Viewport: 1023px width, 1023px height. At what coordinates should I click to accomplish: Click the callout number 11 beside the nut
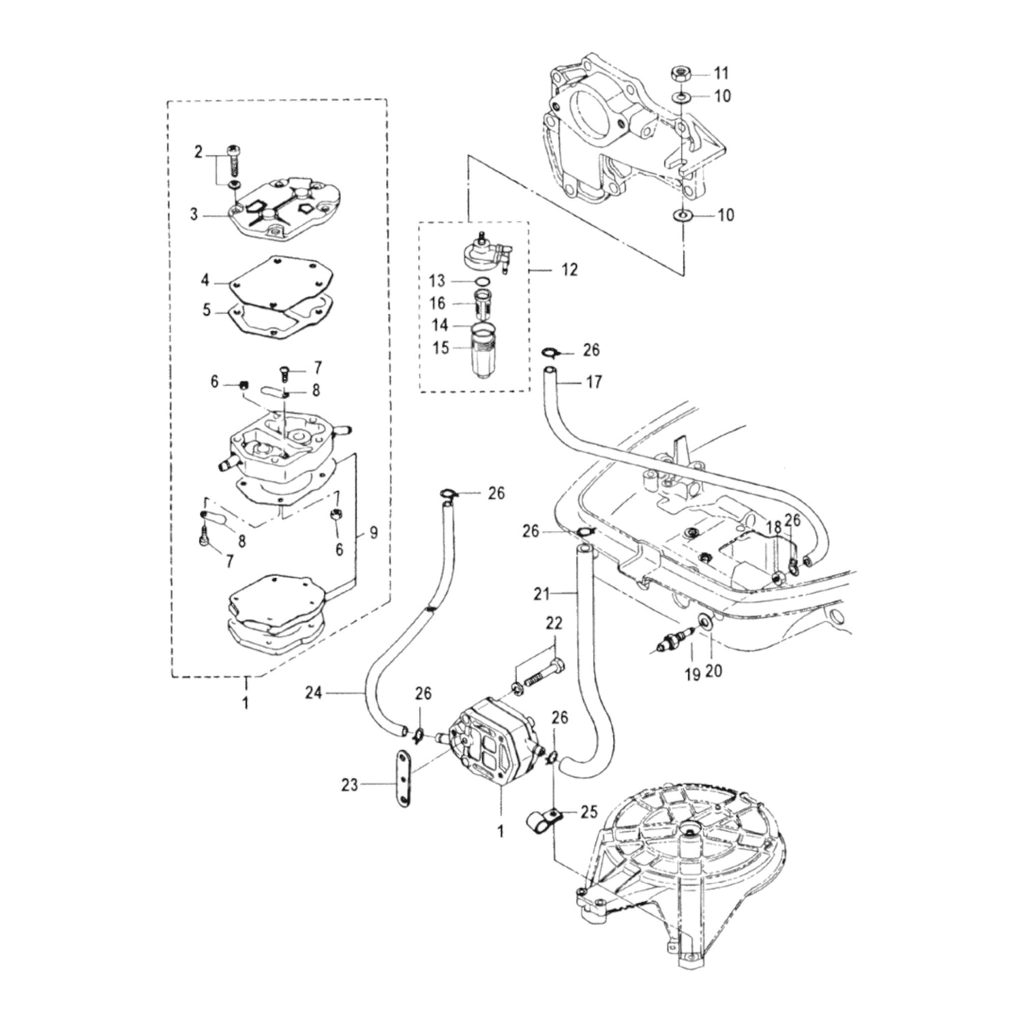pyautogui.click(x=722, y=73)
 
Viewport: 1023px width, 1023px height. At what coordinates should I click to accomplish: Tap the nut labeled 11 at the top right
pyautogui.click(x=681, y=72)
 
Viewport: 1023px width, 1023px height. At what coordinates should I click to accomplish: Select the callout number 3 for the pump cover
pyautogui.click(x=194, y=214)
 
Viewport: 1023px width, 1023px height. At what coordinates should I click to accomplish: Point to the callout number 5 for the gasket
pyautogui.click(x=207, y=310)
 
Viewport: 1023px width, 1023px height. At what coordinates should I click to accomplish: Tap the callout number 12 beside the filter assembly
pyautogui.click(x=569, y=269)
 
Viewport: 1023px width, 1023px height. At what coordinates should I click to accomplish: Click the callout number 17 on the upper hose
pyautogui.click(x=593, y=381)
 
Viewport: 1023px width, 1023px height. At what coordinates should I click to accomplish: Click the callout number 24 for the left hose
pyautogui.click(x=313, y=693)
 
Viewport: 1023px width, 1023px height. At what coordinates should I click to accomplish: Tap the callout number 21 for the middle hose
pyautogui.click(x=541, y=594)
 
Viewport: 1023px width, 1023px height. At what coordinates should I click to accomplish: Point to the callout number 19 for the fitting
pyautogui.click(x=692, y=674)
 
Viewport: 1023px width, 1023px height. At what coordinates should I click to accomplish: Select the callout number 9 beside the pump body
pyautogui.click(x=373, y=533)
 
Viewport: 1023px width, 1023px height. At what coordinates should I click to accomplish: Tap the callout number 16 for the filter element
pyautogui.click(x=437, y=303)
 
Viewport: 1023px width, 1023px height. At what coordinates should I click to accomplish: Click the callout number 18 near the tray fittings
pyautogui.click(x=773, y=527)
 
